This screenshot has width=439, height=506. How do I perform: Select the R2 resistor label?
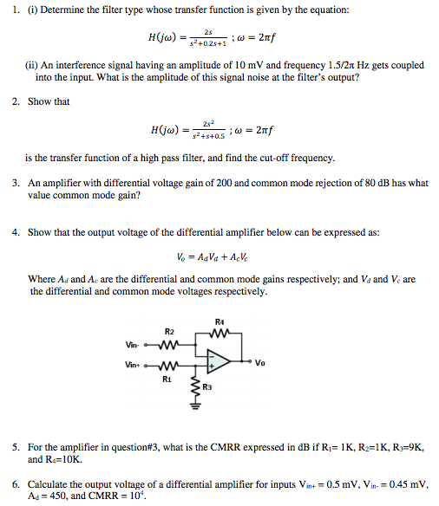click(x=170, y=332)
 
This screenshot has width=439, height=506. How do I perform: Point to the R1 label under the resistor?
click(x=167, y=379)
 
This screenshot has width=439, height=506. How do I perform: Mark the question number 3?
click(x=16, y=184)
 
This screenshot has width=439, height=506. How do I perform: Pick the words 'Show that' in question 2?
click(x=49, y=101)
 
